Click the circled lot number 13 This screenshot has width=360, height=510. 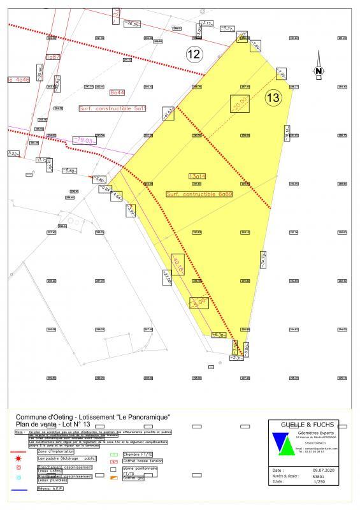[x=273, y=98]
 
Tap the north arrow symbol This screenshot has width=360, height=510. [x=318, y=72]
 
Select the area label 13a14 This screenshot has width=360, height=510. [x=198, y=175]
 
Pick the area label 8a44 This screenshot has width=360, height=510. [x=117, y=92]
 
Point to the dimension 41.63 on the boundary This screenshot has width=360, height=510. [x=168, y=113]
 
